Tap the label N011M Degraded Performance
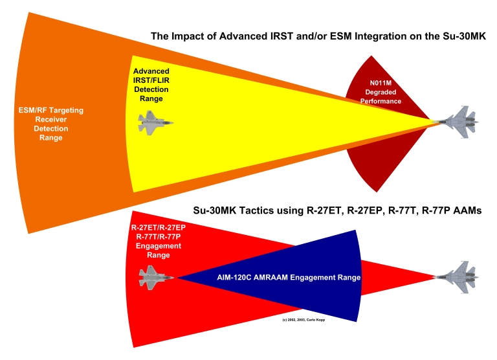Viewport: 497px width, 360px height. coord(381,92)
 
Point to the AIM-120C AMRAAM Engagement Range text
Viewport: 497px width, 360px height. coord(288,277)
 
